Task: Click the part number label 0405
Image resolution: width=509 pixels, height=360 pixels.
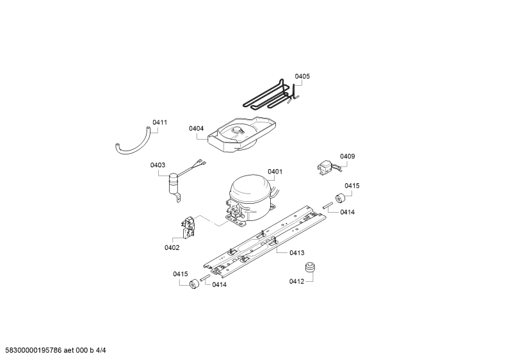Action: point(302,76)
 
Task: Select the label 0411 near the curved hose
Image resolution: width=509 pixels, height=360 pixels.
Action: point(159,122)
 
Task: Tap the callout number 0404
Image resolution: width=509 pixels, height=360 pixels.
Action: point(196,129)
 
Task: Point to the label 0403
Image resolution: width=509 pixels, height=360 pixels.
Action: point(158,165)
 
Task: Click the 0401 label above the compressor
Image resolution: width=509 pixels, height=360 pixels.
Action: point(275,172)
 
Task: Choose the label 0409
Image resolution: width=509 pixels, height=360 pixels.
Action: point(348,156)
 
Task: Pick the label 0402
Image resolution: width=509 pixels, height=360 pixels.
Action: point(172,248)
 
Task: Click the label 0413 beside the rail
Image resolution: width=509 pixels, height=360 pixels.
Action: point(296,253)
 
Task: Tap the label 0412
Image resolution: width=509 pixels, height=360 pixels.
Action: point(296,281)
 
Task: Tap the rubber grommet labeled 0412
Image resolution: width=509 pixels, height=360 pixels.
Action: point(310,267)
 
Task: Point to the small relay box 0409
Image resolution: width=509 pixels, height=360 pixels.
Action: point(325,168)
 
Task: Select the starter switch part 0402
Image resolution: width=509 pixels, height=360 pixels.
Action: point(188,227)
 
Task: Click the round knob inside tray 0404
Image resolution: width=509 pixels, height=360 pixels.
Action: point(238,130)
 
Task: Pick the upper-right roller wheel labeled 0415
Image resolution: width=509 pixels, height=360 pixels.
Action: point(340,197)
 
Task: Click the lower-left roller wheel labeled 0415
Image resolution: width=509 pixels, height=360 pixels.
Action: point(194,284)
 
